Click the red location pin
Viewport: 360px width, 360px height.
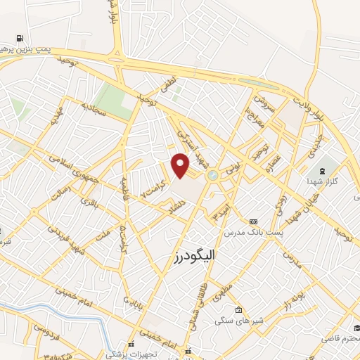(x=181, y=166)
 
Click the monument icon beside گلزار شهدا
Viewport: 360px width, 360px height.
(x=323, y=172)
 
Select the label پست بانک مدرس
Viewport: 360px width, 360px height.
(x=253, y=232)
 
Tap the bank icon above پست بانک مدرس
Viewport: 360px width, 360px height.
(x=253, y=221)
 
